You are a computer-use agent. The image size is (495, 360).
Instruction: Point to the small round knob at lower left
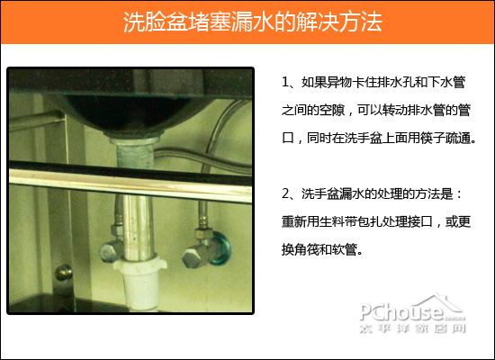[62, 269]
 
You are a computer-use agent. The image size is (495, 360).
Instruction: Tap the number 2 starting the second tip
[285, 193]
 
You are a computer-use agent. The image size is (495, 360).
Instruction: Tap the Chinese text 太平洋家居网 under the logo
[413, 330]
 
